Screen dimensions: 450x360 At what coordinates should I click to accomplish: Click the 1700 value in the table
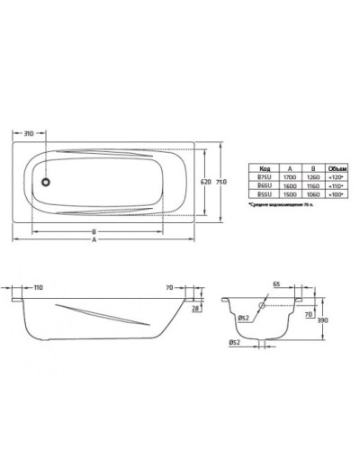coord(287,176)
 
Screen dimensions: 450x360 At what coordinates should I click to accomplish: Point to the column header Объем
coord(335,167)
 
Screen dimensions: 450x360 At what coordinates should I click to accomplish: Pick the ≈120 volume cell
coord(335,176)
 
